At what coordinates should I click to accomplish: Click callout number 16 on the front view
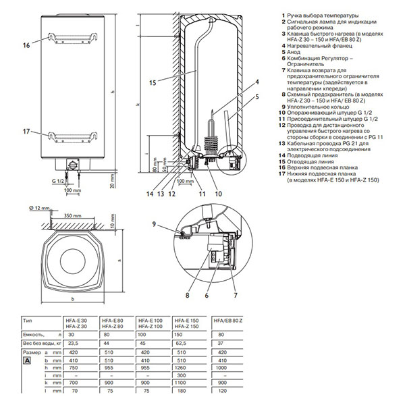pos(26,45)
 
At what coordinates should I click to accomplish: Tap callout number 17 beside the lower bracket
pos(26,132)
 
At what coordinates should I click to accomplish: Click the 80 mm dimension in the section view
pos(155,164)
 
